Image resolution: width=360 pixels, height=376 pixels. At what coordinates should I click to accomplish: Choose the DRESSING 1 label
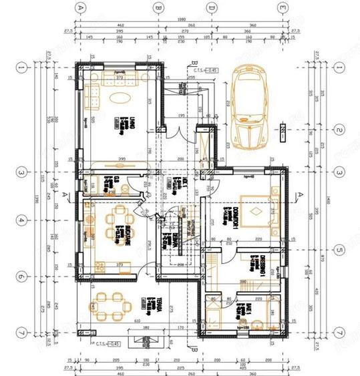(x=265, y=267)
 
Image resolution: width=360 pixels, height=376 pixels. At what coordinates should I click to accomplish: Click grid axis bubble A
(x=81, y=8)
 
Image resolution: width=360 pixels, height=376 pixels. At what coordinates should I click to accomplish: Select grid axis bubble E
(x=283, y=8)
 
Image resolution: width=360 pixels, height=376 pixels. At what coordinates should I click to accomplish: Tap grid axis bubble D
(x=211, y=8)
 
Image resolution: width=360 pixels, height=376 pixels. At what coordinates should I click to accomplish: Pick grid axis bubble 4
(x=21, y=220)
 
